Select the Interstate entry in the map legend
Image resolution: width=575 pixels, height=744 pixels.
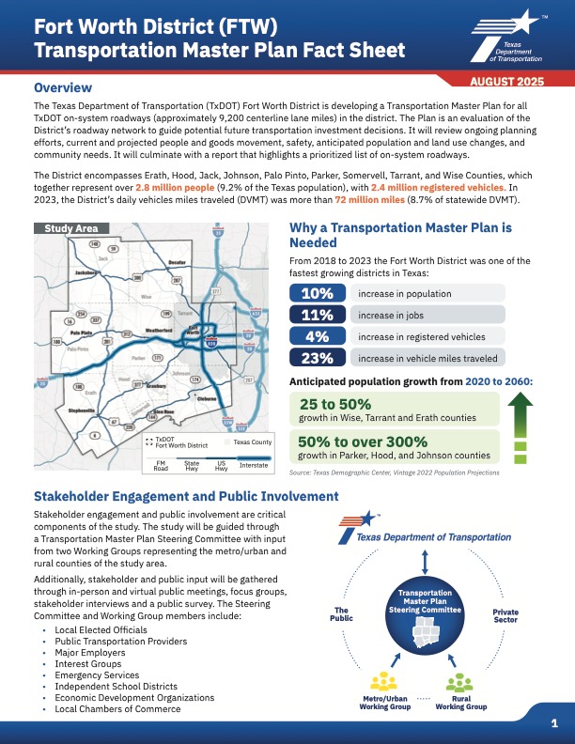(x=254, y=465)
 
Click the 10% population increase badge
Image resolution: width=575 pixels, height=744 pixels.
(x=319, y=294)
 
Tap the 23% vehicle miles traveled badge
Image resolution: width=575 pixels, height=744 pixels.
(x=319, y=357)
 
